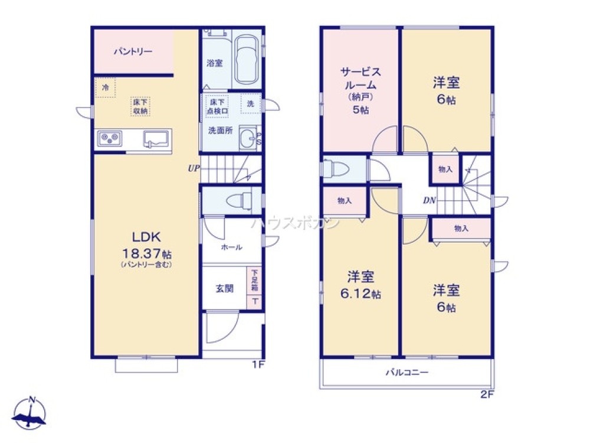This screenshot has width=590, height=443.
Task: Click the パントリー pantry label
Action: point(133,52)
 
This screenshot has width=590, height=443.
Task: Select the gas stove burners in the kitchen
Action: point(110,138)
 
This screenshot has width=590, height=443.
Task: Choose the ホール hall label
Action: point(231,247)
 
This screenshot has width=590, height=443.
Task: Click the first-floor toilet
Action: point(238,200)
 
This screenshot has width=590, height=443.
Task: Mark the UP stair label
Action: point(193,168)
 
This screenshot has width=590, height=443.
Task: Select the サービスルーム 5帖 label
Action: point(360,90)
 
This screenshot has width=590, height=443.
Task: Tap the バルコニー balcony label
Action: point(407,373)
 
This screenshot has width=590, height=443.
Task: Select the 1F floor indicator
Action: point(258,364)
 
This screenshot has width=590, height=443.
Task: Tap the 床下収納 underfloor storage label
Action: point(140,106)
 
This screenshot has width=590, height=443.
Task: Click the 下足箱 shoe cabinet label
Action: point(254,281)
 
